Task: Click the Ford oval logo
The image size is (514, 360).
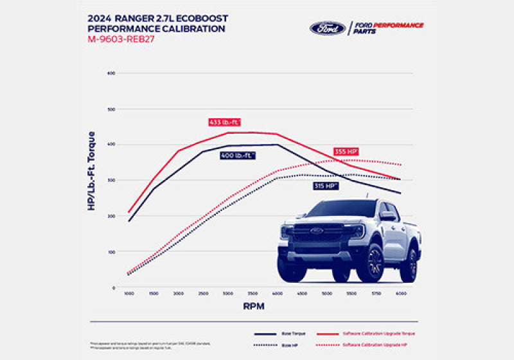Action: pos(328,28)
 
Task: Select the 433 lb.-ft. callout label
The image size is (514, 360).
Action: pos(224,122)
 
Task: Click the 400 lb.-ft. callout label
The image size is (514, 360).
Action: pos(237,156)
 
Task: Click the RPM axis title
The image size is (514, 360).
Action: pos(254,307)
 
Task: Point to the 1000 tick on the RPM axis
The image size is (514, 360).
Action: pos(128,293)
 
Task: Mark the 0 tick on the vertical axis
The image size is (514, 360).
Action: pos(113,288)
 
